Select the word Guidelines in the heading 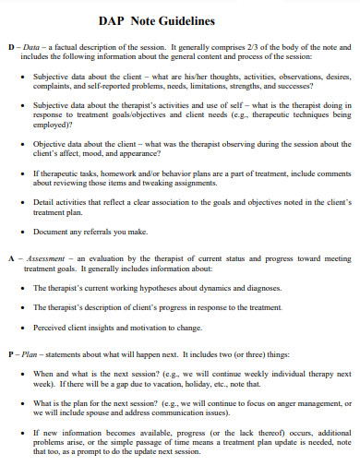tap(190, 20)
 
